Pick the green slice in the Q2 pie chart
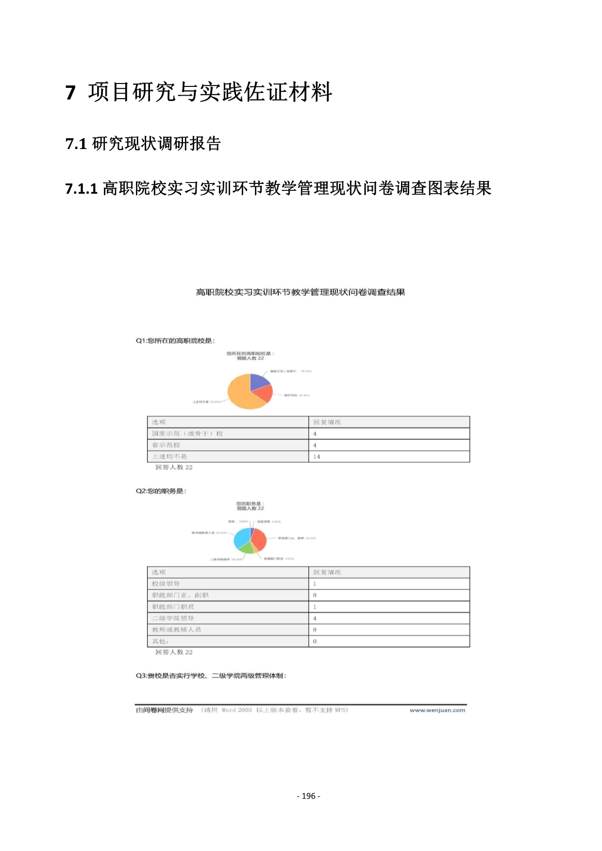click(247, 548)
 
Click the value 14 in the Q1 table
click(317, 457)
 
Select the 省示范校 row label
click(166, 445)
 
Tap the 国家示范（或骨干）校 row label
click(187, 434)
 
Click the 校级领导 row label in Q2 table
click(166, 584)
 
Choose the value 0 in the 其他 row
click(315, 641)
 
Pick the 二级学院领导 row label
click(173, 618)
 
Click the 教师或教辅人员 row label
click(176, 630)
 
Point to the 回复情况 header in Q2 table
click(327, 572)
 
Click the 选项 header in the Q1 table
click(159, 422)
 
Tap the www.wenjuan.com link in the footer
click(437, 710)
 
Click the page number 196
click(308, 796)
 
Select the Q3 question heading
click(211, 676)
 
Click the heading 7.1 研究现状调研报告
click(143, 144)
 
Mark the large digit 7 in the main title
click(70, 92)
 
